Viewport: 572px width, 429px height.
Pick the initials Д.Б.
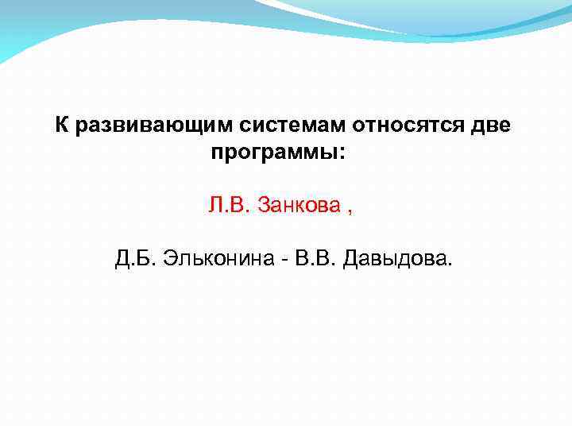tap(136, 258)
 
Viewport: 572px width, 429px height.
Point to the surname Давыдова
tap(395, 258)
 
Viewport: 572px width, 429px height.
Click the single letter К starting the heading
tap(60, 126)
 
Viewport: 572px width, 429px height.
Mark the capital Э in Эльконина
tap(169, 258)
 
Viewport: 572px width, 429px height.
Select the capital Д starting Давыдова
tap(350, 258)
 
